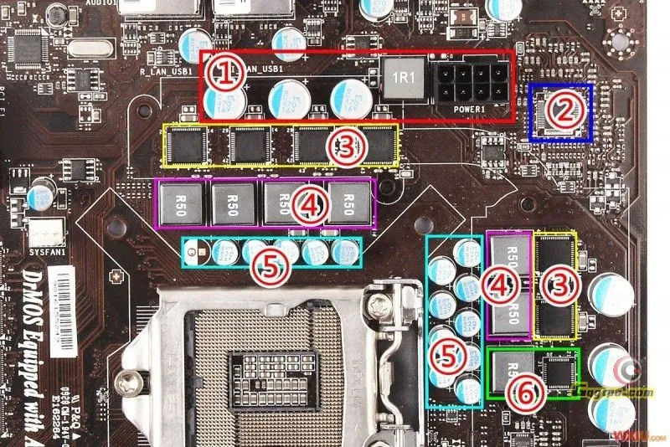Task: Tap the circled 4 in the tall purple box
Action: (499, 286)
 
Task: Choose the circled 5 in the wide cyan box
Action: (271, 266)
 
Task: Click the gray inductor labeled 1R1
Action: (401, 77)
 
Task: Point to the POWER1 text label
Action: (470, 109)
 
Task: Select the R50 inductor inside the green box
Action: (508, 371)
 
